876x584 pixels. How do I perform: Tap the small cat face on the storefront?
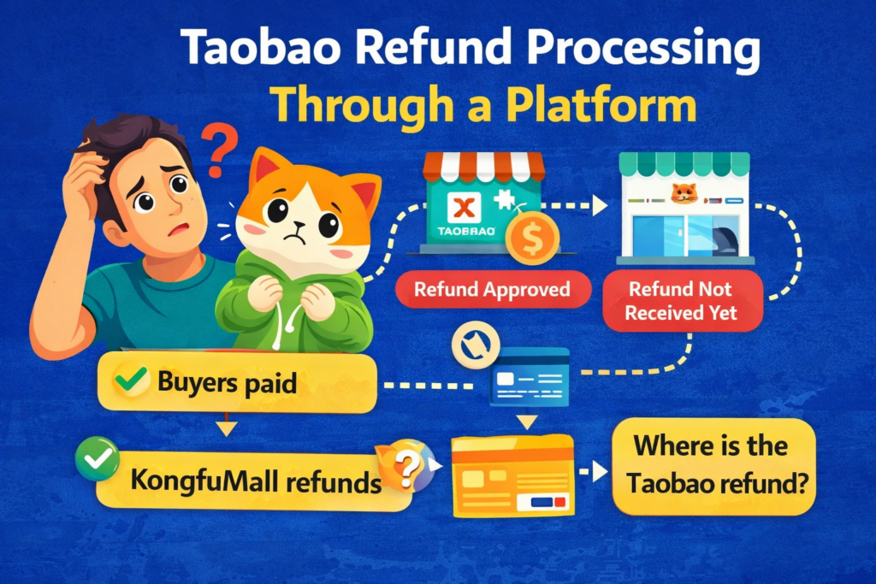pyautogui.click(x=684, y=192)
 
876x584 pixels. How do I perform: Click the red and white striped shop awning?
pyautogui.click(x=484, y=166)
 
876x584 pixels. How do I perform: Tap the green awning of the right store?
pyautogui.click(x=684, y=163)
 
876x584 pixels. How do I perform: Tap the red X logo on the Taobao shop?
pyautogui.click(x=465, y=206)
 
